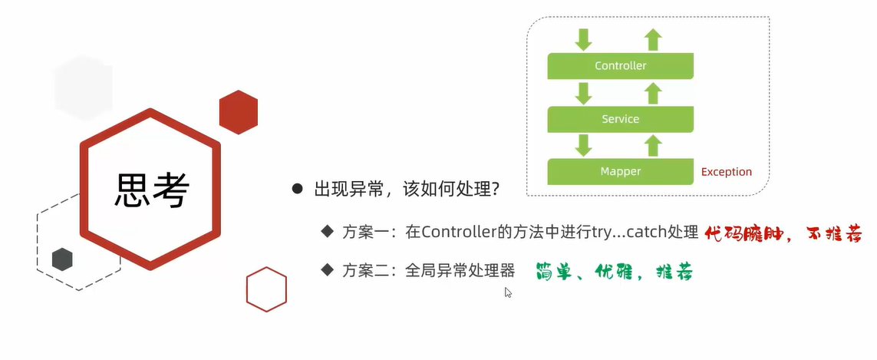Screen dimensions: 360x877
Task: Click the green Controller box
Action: (620, 66)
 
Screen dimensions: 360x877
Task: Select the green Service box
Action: (620, 119)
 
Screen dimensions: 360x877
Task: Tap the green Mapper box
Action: (620, 171)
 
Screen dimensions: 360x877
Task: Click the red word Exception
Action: (727, 172)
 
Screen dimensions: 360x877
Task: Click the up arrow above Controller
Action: (653, 39)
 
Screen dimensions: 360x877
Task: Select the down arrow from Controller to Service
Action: (585, 93)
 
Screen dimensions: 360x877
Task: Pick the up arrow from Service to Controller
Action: (653, 93)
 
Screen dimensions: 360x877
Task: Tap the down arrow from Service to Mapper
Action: (585, 144)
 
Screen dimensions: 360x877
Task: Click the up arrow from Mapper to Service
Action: (653, 144)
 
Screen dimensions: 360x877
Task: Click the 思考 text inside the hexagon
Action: (151, 189)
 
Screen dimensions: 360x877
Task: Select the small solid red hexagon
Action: (238, 112)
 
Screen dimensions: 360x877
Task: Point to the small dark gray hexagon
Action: (62, 259)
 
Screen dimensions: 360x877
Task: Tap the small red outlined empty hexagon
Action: (266, 289)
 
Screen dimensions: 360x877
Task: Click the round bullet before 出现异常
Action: (297, 189)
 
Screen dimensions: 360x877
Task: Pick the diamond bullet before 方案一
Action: (328, 230)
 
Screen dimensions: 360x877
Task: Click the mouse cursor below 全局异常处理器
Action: (508, 292)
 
